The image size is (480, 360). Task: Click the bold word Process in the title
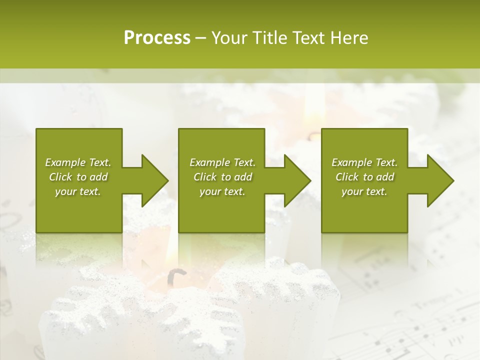pyautogui.click(x=157, y=38)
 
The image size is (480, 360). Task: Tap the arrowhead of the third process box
pyautogui.click(x=439, y=180)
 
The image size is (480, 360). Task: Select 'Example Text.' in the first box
pyautogui.click(x=78, y=162)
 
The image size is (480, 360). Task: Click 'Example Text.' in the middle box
pyautogui.click(x=222, y=162)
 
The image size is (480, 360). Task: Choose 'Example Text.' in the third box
pyautogui.click(x=364, y=162)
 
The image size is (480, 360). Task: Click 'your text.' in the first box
pyautogui.click(x=78, y=191)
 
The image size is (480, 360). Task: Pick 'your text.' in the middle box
pyautogui.click(x=222, y=191)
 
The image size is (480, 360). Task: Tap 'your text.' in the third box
pyautogui.click(x=364, y=191)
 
